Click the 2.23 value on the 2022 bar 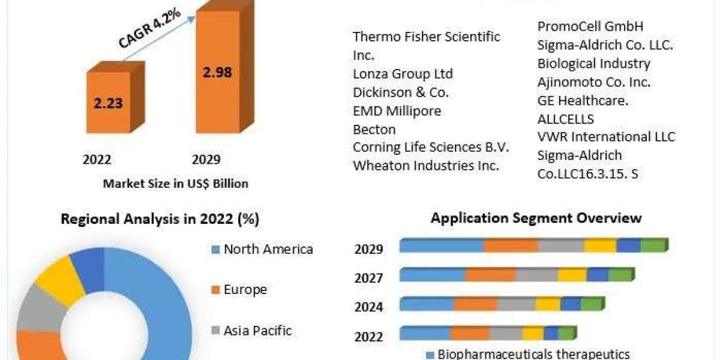click(x=108, y=103)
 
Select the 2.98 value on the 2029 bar click(x=217, y=73)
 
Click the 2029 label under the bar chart click(x=206, y=160)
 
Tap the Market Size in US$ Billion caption click(x=175, y=184)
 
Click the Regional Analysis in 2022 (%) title click(x=160, y=220)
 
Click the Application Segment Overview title click(x=536, y=218)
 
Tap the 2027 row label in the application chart click(x=368, y=278)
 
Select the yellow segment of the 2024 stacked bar click(x=547, y=305)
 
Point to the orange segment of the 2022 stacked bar click(x=470, y=334)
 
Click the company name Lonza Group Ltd click(x=403, y=74)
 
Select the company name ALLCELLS click(x=565, y=119)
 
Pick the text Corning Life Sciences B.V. click(x=431, y=147)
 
